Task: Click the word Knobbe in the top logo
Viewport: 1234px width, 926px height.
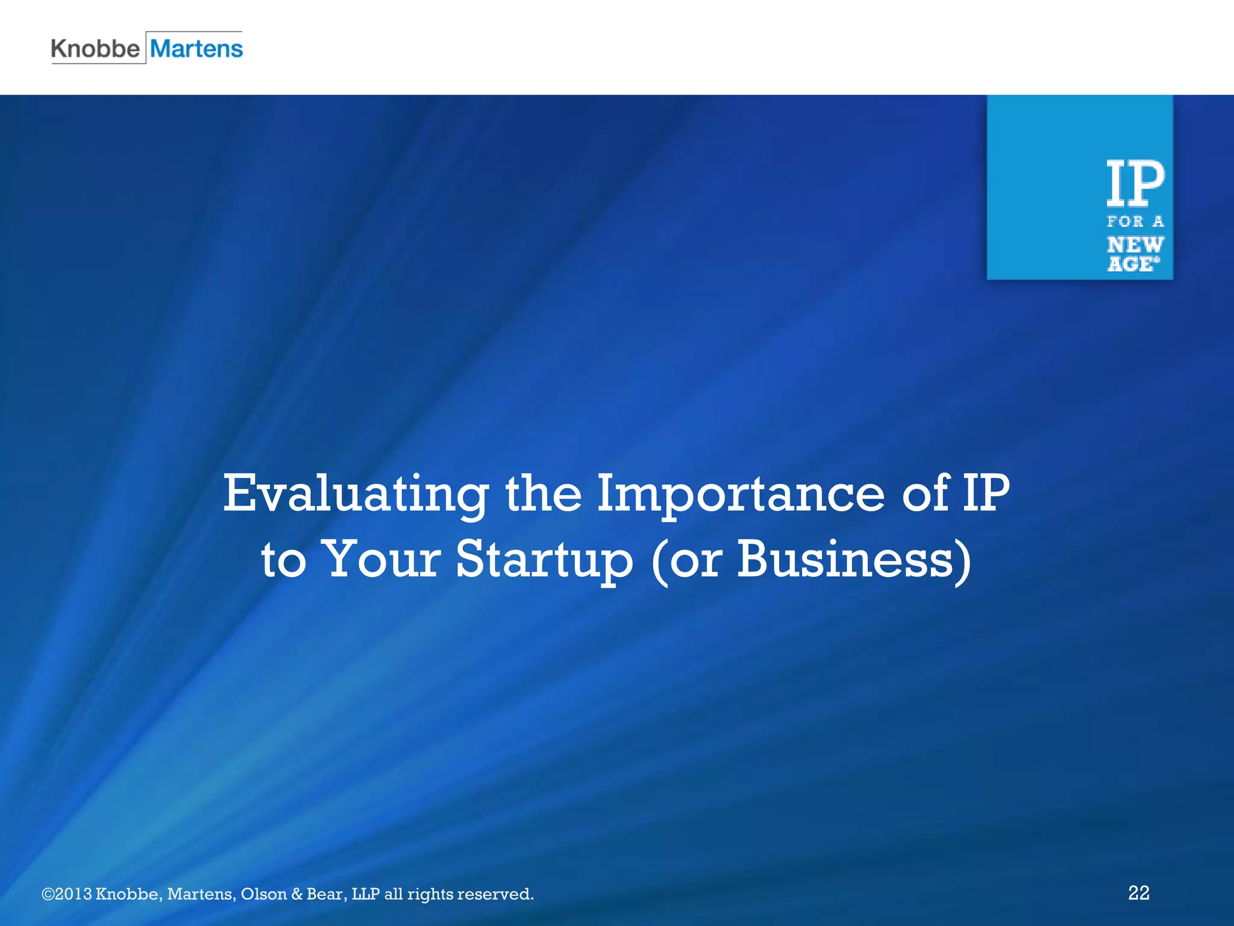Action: pos(95,48)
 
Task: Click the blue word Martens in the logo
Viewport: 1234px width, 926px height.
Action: pos(196,48)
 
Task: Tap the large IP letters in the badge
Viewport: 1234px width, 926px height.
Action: pos(1135,183)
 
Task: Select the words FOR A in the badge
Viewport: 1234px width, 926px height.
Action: pos(1135,222)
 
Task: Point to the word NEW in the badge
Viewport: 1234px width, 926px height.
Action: pos(1135,245)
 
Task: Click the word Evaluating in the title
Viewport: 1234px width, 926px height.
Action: pos(355,494)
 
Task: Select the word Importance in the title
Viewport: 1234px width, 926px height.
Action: pos(741,494)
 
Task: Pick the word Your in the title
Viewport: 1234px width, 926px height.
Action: pos(383,559)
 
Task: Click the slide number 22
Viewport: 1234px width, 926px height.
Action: pos(1138,893)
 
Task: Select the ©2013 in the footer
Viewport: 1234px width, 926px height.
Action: pos(67,893)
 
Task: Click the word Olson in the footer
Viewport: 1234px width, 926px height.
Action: pos(263,893)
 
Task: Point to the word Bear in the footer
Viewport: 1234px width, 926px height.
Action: pos(326,893)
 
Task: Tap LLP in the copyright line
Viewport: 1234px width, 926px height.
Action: pos(366,893)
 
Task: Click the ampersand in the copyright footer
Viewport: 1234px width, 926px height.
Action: pos(296,893)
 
